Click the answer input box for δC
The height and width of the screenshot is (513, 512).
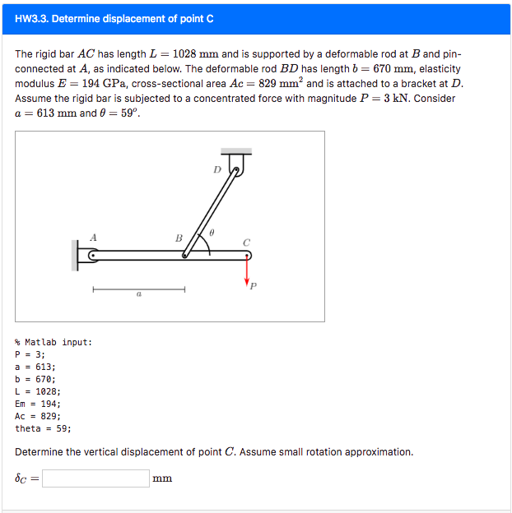pyautogui.click(x=95, y=478)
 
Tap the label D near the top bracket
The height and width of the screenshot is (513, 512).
pyautogui.click(x=217, y=170)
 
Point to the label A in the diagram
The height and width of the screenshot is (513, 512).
pyautogui.click(x=93, y=237)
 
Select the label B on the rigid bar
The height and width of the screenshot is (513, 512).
pyautogui.click(x=179, y=238)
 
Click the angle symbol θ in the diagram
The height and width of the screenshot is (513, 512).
pyautogui.click(x=212, y=233)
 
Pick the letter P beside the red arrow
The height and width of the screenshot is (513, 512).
pyautogui.click(x=253, y=286)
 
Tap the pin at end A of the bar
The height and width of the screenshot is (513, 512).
pyautogui.click(x=92, y=256)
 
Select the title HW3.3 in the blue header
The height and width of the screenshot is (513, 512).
pyautogui.click(x=114, y=18)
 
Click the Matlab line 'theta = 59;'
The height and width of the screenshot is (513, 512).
pyautogui.click(x=43, y=428)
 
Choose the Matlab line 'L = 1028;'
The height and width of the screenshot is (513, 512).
pyautogui.click(x=37, y=391)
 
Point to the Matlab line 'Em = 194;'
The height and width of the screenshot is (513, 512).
pyautogui.click(x=38, y=404)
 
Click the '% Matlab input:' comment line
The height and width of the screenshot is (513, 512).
pyautogui.click(x=54, y=342)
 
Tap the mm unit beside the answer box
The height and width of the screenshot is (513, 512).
pyautogui.click(x=162, y=478)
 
